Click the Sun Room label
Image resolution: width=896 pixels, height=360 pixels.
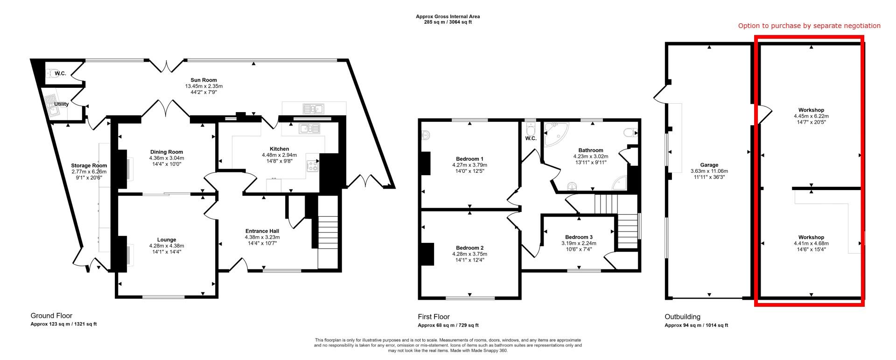click(203, 80)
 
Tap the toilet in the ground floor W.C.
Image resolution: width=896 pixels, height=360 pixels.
click(50, 73)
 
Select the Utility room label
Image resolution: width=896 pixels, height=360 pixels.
click(62, 104)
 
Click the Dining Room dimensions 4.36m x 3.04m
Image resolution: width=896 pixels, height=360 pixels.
click(167, 158)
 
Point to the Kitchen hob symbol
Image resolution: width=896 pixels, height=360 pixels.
click(312, 165)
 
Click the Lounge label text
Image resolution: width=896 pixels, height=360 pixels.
click(167, 240)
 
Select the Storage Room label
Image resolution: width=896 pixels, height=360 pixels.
click(89, 165)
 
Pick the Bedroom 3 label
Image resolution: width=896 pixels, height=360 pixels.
click(579, 237)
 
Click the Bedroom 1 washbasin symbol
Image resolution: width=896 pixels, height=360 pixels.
click(425, 135)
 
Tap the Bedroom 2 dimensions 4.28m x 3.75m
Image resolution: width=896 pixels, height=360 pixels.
click(469, 254)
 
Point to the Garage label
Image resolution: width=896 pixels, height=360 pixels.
click(709, 165)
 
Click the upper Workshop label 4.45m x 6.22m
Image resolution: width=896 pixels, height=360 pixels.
click(811, 116)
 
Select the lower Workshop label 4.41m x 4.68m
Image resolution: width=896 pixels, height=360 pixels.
click(811, 243)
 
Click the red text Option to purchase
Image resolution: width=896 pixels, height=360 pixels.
click(809, 26)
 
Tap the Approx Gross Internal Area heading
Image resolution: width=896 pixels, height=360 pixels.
click(448, 16)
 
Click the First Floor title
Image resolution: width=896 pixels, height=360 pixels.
click(434, 317)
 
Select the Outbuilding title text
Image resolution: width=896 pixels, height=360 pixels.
click(682, 317)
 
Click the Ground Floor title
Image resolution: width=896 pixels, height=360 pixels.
click(51, 316)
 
